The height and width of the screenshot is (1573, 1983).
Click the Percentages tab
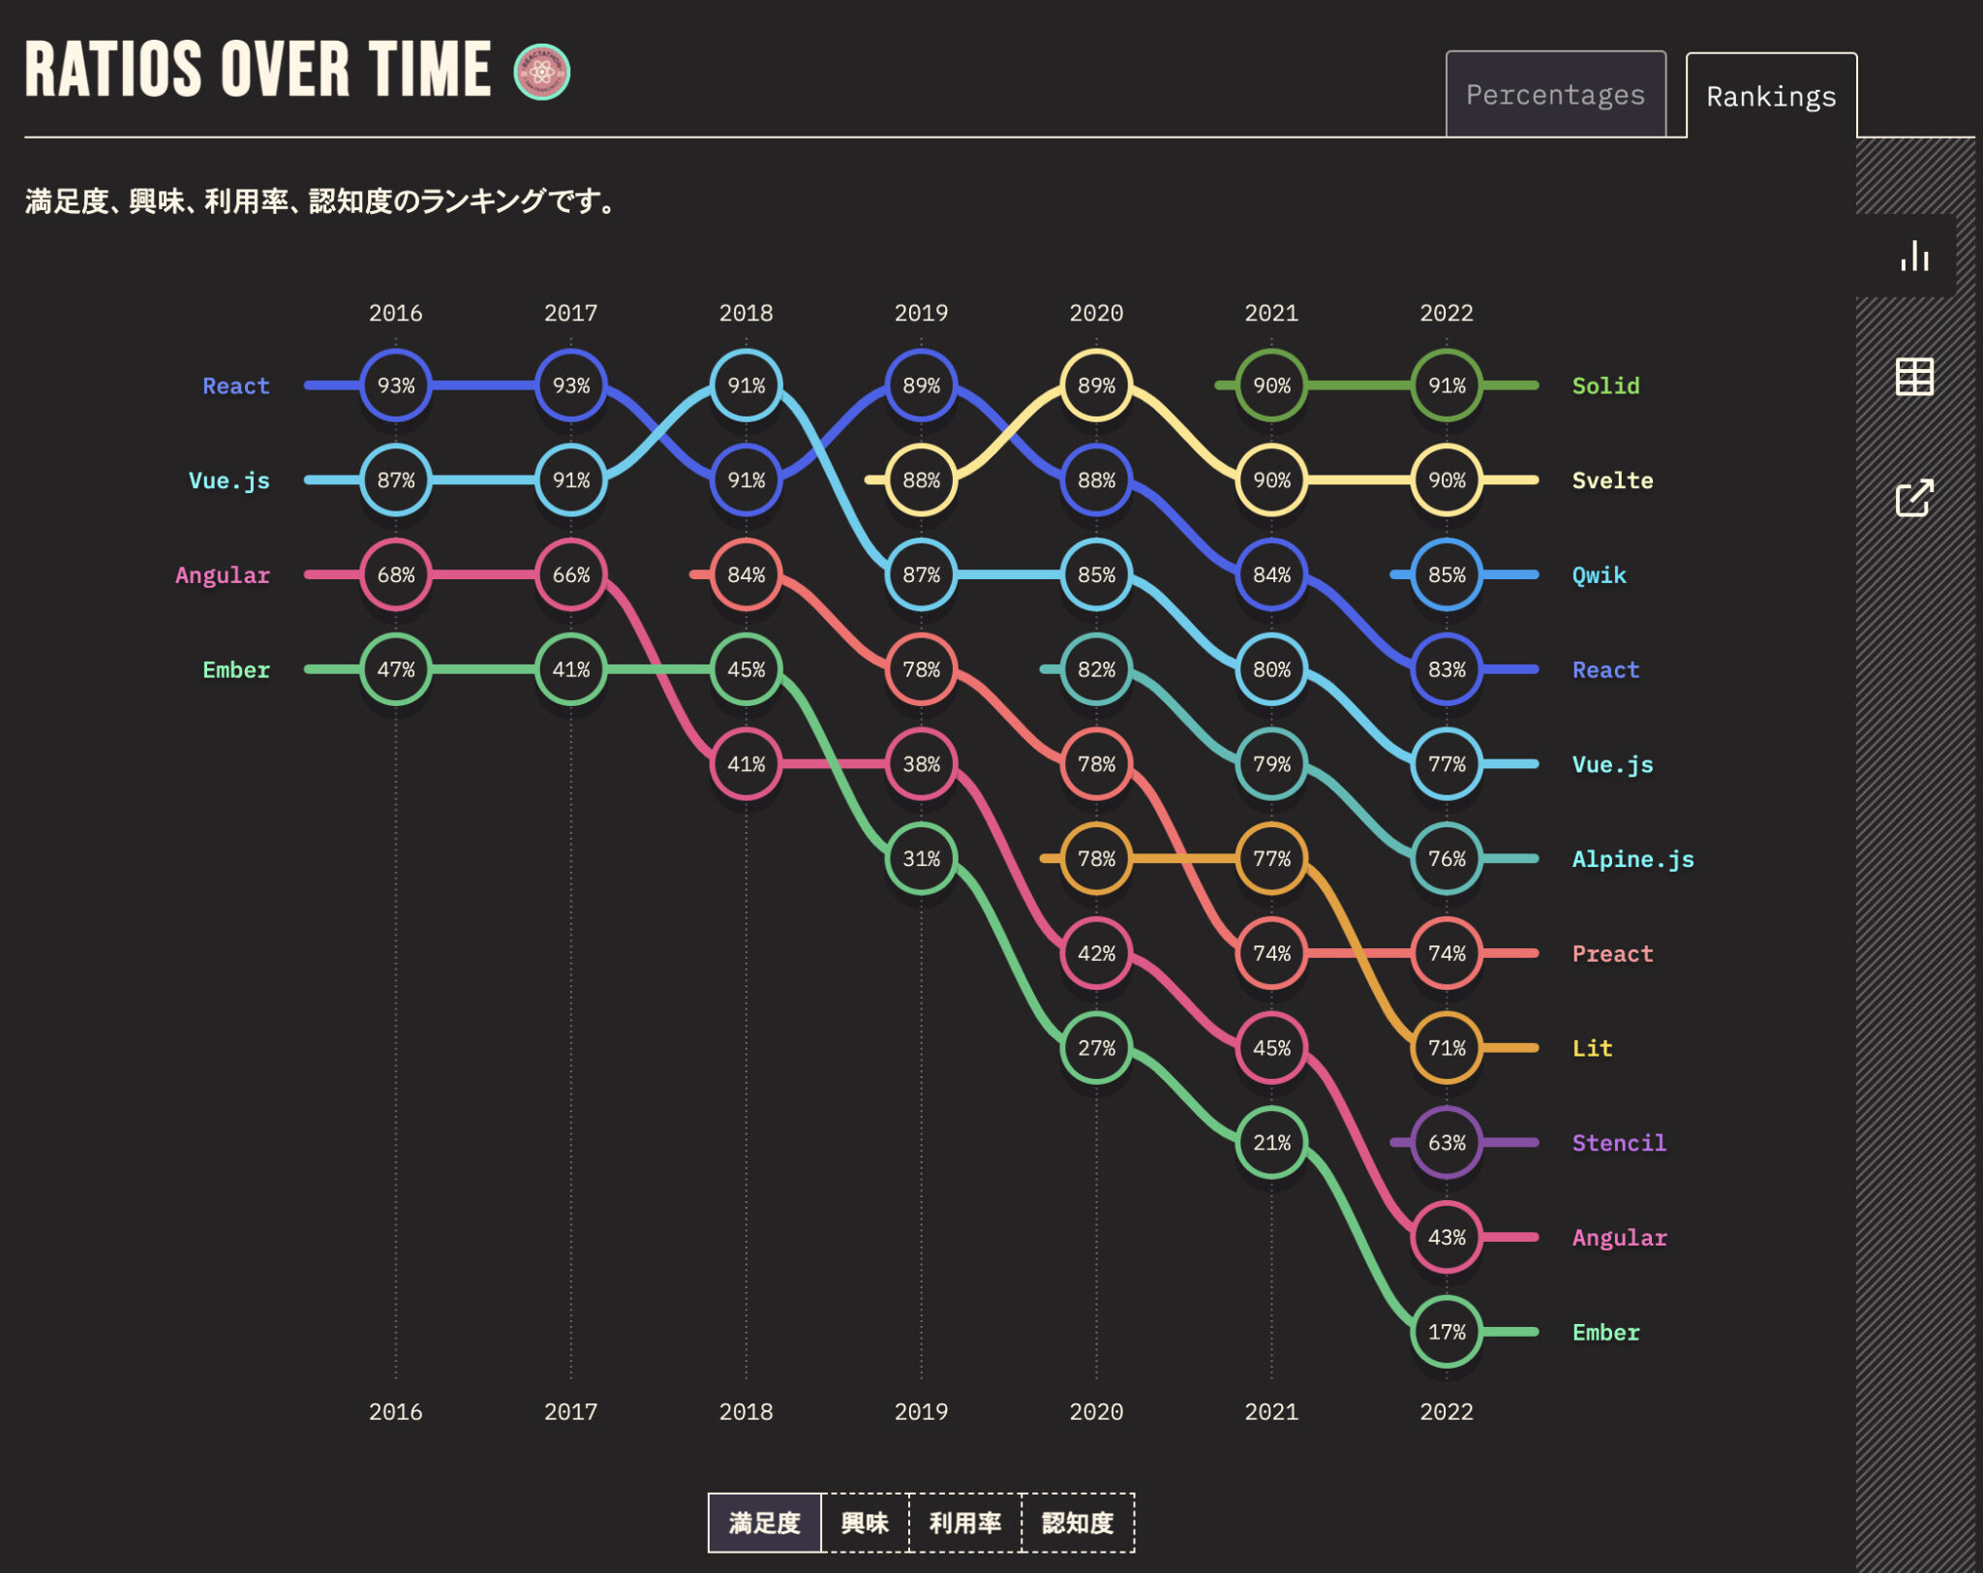tap(1555, 95)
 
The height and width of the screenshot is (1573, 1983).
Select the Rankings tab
tap(1771, 97)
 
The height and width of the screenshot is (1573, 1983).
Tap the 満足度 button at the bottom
tap(764, 1523)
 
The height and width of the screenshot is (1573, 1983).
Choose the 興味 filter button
tap(865, 1523)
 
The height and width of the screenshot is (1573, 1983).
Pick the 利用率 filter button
tap(965, 1523)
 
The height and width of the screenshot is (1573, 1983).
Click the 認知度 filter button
tap(1078, 1523)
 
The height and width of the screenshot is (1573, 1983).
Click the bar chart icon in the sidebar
tap(1914, 256)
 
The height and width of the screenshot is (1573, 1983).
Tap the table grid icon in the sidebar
tap(1914, 377)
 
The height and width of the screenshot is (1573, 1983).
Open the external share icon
tap(1914, 498)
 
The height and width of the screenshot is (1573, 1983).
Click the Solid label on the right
tap(1605, 386)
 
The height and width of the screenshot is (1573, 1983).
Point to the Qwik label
tap(1599, 575)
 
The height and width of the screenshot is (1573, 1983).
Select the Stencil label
tap(1619, 1143)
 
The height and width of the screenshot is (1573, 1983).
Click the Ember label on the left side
tap(236, 670)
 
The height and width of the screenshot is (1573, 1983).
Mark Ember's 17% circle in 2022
tap(1447, 1332)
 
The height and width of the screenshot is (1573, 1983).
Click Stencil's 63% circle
tap(1447, 1143)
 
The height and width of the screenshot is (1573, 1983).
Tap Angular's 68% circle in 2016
tap(395, 575)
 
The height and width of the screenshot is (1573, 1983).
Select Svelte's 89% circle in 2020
tap(1096, 386)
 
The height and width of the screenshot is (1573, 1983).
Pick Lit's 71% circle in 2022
tap(1447, 1048)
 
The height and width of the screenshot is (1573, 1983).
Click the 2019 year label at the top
tap(921, 313)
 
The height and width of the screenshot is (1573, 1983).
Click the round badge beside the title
tap(541, 72)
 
